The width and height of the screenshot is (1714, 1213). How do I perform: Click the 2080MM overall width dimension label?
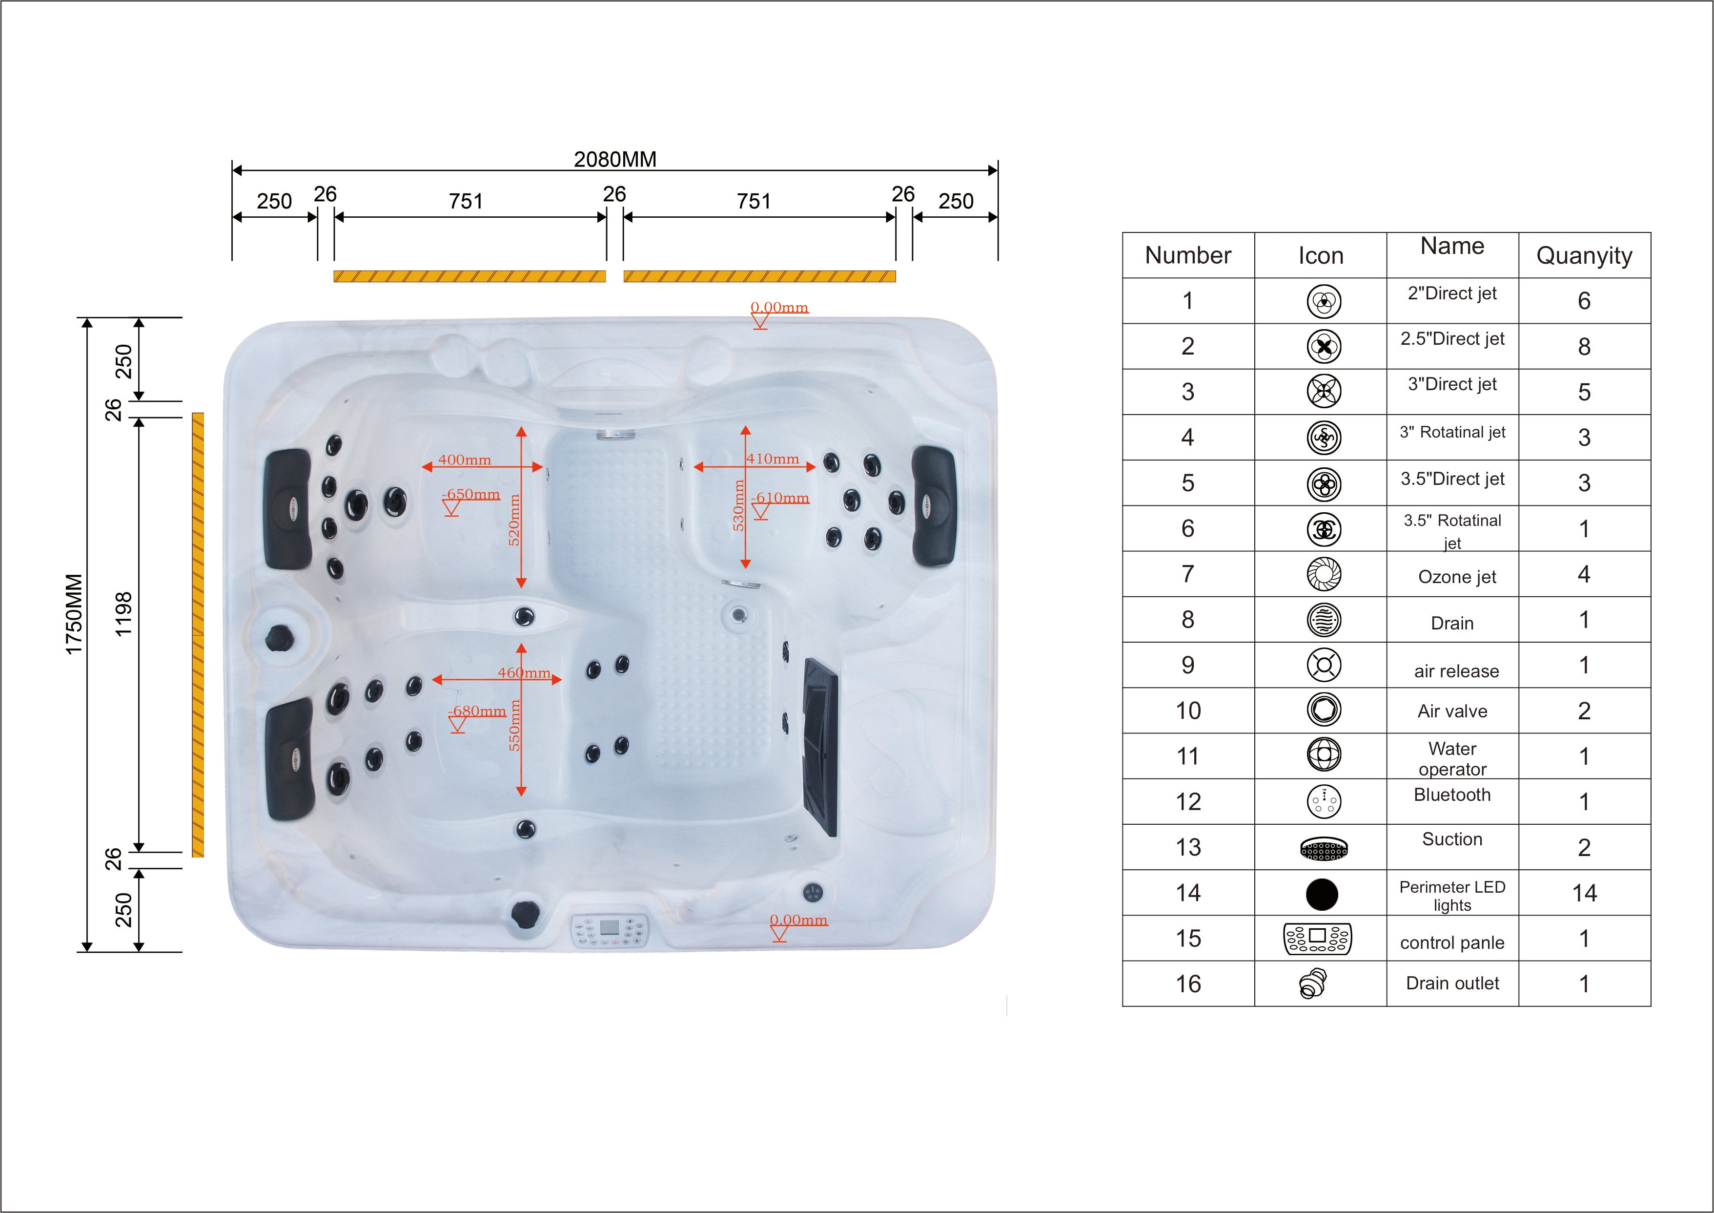pos(615,159)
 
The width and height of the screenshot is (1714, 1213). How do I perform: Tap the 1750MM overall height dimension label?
pos(74,614)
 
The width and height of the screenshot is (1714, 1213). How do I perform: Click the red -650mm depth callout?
pos(471,495)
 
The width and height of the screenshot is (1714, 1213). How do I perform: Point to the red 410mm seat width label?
pos(773,459)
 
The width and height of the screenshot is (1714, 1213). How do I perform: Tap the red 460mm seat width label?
pos(524,672)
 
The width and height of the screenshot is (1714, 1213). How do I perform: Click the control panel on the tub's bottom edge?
pos(610,930)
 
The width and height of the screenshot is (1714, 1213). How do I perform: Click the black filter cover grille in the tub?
pos(820,747)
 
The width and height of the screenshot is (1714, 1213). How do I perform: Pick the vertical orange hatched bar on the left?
pos(198,634)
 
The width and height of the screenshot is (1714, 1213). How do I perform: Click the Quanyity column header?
pos(1584,255)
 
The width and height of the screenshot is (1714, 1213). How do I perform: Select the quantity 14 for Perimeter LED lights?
pos(1584,893)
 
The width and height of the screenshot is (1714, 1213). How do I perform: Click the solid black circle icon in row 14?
pos(1321,893)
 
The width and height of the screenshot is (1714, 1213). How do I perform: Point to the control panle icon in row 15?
pos(1318,939)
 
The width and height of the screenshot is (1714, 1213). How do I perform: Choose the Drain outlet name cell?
pos(1452,983)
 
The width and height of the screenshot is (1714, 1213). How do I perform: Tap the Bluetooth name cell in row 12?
pos(1452,795)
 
